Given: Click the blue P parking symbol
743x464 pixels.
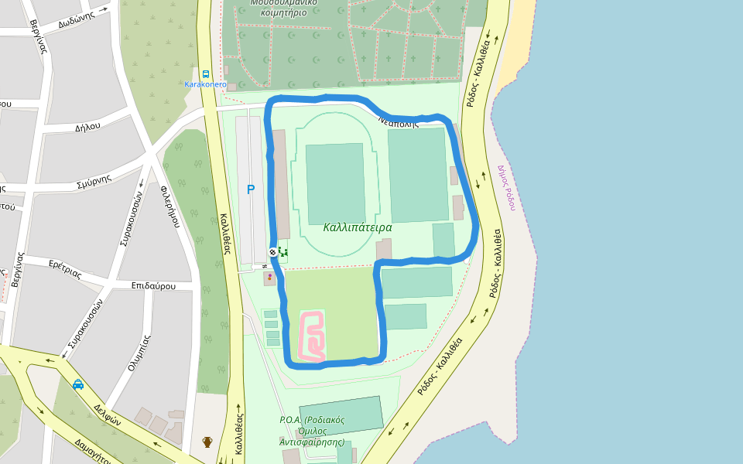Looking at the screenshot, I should (250, 189).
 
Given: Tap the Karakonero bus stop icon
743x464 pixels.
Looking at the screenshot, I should (205, 74).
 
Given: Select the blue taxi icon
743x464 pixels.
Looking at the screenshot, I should (78, 384).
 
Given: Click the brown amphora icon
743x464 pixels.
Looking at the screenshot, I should (207, 442).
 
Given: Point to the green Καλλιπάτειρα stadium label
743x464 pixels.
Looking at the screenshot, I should (358, 227).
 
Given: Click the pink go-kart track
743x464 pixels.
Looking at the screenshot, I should (312, 336).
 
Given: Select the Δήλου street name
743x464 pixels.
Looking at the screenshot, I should (88, 126).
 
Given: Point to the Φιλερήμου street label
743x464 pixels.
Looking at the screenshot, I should (170, 205).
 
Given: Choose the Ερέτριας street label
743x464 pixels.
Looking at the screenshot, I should (65, 269).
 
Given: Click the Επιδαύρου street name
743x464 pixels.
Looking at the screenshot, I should (152, 285).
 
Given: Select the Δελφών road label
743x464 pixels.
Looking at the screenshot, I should (108, 415).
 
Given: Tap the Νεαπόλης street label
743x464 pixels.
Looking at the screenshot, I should (399, 122).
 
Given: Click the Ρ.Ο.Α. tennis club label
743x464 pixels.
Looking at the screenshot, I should (311, 431).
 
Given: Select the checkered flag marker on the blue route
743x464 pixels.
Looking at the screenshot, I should (273, 252).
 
